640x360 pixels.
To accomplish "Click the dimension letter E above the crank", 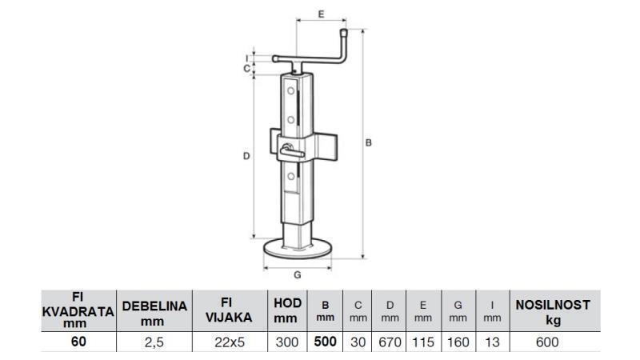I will pos(320,14).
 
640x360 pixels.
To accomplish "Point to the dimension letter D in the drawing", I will pos(246,156).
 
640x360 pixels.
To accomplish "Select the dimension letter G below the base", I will pos(297,274).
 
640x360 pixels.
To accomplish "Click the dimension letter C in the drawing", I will pos(246,68).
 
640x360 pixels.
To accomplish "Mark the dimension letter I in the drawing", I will pos(246,57).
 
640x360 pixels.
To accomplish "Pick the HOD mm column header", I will pos(286,310).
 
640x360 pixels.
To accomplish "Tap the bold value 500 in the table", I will pos(325,342).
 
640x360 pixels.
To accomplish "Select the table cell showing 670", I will pos(390,342).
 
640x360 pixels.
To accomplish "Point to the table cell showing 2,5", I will pos(154,342).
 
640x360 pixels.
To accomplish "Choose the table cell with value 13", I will pos(492,342).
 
